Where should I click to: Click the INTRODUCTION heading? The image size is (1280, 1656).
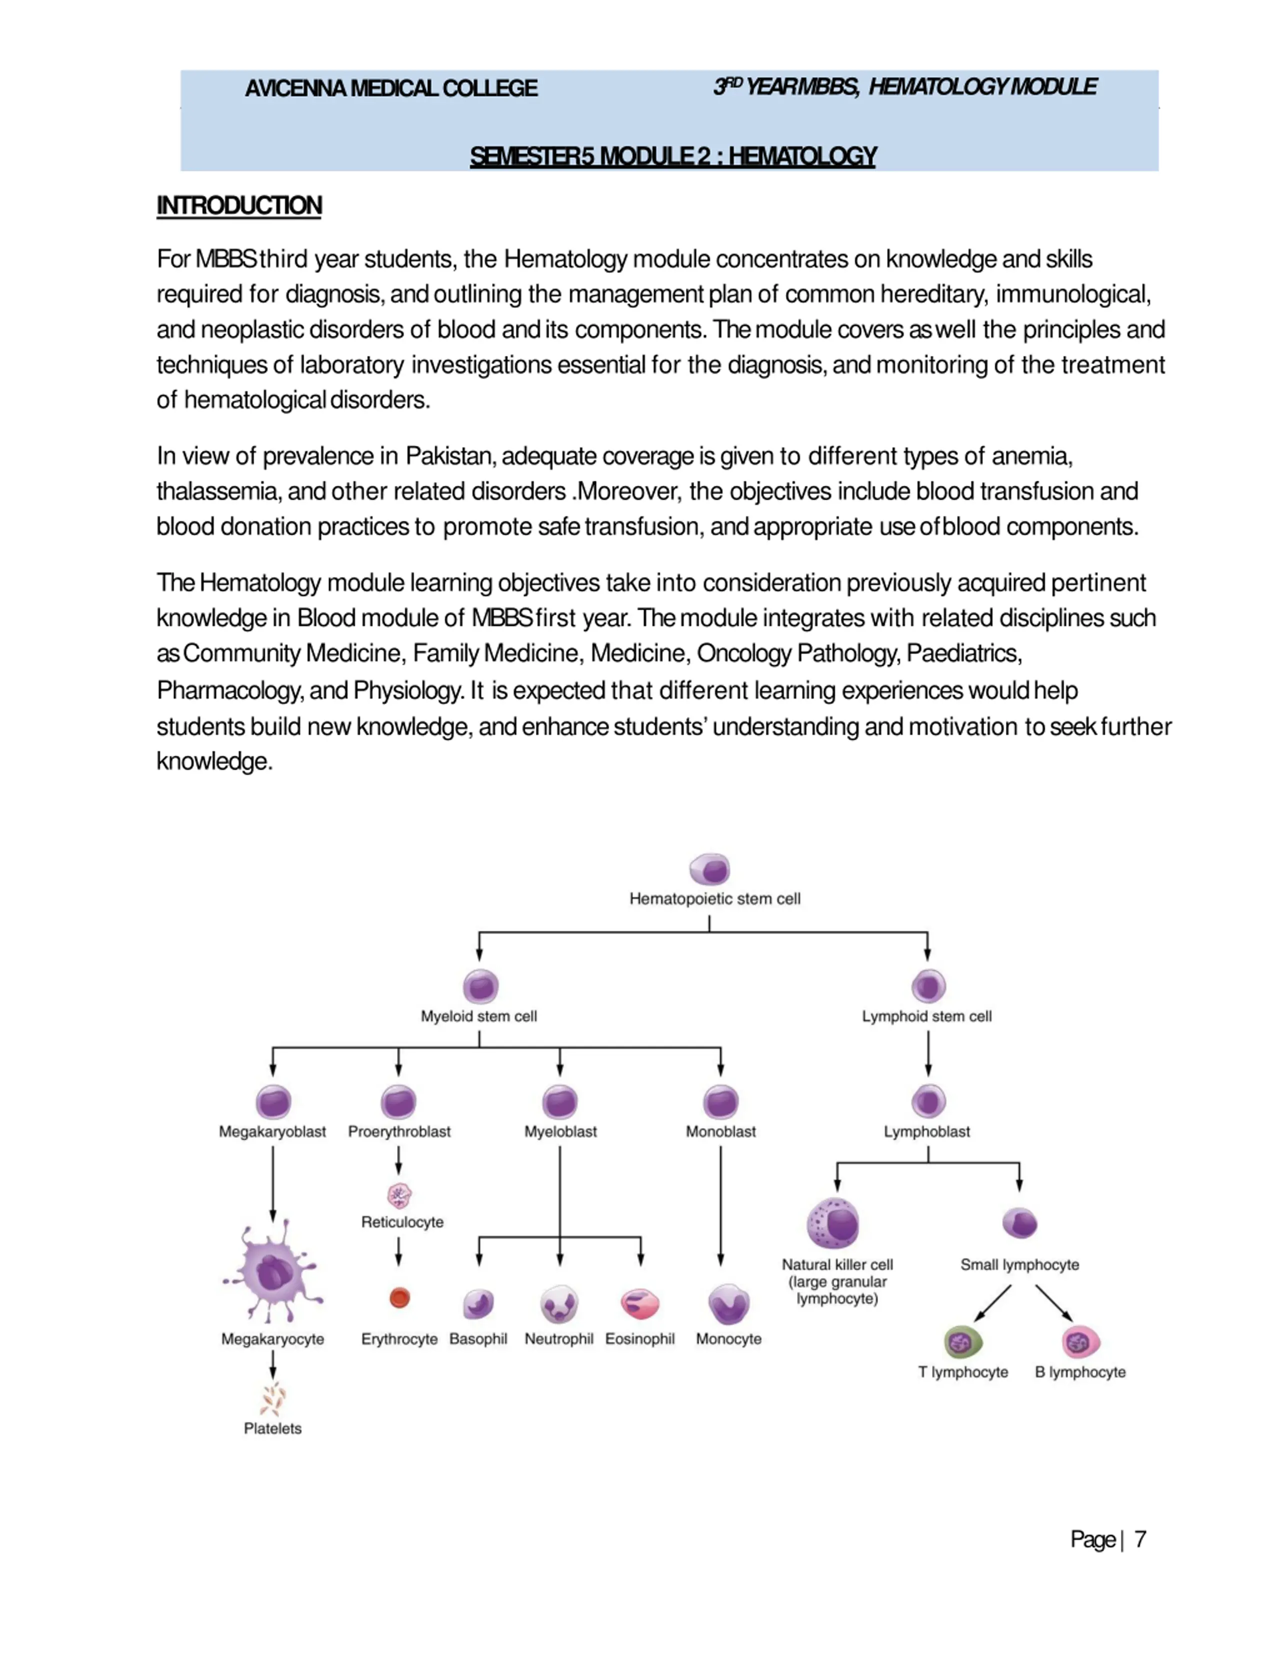[x=239, y=205]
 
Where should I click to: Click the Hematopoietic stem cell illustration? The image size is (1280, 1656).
[x=710, y=869]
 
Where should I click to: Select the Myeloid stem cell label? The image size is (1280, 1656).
[x=478, y=1016]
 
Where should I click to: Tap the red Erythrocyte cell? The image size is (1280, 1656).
[x=399, y=1298]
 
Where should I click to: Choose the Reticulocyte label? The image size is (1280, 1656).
[x=402, y=1222]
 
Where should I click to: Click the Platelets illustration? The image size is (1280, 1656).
[x=273, y=1399]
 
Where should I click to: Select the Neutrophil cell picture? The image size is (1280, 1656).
[x=559, y=1304]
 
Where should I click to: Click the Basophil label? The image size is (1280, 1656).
[x=477, y=1339]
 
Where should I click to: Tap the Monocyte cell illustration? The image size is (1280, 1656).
[x=728, y=1304]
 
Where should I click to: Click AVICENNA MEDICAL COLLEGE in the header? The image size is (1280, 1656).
[x=391, y=88]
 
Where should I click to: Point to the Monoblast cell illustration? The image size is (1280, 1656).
[x=720, y=1102]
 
